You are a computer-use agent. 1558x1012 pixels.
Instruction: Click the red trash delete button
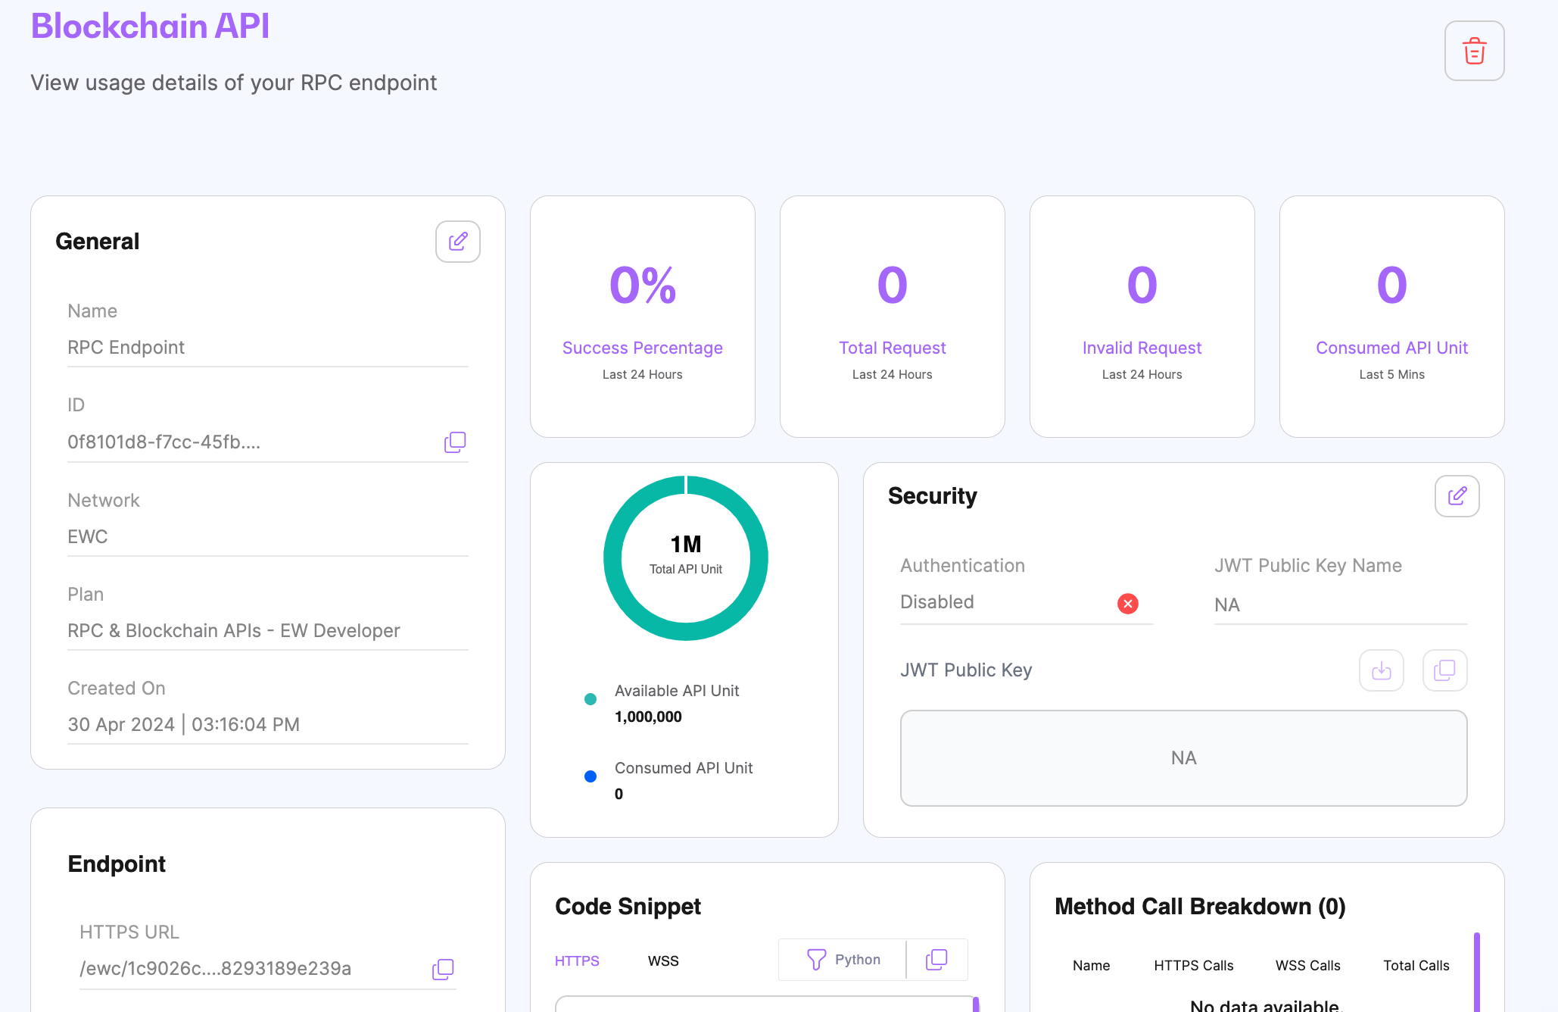[1474, 51]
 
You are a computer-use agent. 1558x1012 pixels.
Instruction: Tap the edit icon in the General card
[457, 242]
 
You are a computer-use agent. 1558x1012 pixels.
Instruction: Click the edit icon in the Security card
[1457, 496]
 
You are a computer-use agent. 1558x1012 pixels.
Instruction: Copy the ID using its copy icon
[454, 442]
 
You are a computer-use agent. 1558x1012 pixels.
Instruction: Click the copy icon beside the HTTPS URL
[443, 969]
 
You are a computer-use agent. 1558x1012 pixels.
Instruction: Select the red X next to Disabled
[1127, 604]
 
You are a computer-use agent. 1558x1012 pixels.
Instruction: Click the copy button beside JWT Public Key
[1444, 670]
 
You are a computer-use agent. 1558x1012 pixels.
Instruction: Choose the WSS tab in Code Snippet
[663, 961]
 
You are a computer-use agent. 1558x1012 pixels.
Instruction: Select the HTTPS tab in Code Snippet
[577, 961]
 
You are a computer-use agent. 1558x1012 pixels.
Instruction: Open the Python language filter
[843, 960]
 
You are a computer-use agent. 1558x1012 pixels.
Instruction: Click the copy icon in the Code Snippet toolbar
[936, 960]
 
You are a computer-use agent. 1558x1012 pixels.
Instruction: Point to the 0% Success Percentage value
[643, 286]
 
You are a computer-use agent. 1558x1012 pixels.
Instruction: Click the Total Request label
[892, 348]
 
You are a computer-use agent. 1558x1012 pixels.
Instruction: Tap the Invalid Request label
[1142, 348]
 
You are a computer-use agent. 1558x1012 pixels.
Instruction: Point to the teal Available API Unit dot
[590, 699]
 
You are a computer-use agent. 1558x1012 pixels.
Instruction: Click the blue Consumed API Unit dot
[590, 776]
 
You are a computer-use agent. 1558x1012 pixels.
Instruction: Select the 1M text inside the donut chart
[686, 545]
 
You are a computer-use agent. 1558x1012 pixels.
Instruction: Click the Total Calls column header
[1416, 966]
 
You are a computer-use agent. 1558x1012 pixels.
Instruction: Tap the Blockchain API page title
[150, 27]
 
